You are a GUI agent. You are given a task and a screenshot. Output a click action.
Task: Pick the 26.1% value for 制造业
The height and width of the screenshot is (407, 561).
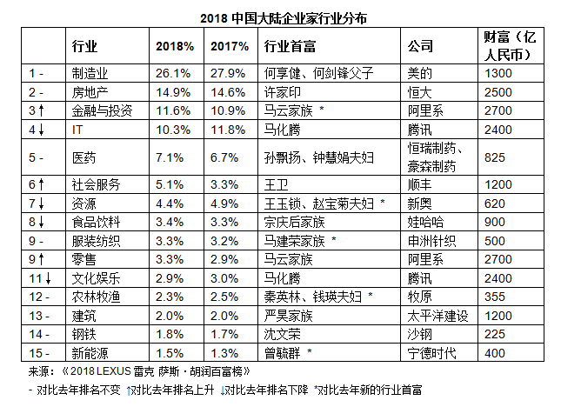click(x=172, y=73)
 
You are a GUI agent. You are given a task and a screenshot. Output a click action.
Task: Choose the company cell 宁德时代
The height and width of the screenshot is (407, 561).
click(x=432, y=352)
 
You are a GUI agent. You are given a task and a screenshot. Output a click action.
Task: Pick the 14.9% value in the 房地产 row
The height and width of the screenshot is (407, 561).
click(x=172, y=91)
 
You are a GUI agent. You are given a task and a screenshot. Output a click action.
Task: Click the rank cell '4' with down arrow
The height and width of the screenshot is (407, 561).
click(x=35, y=129)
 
